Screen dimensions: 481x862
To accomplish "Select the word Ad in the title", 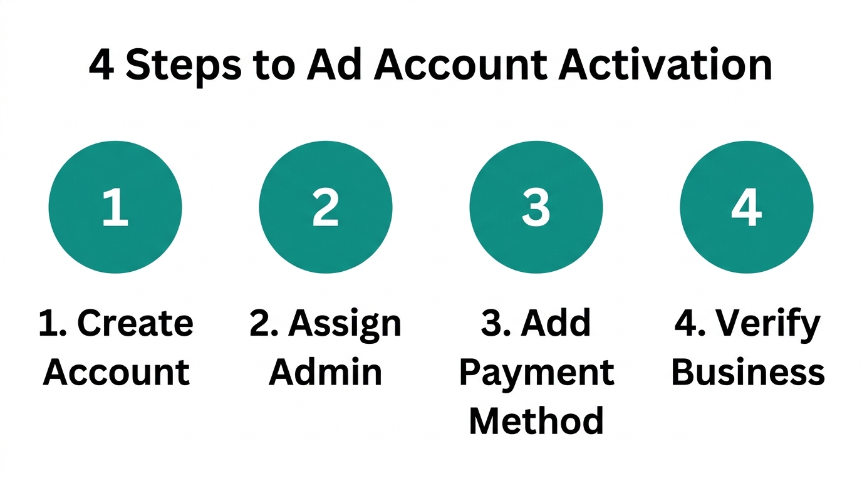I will (x=334, y=66).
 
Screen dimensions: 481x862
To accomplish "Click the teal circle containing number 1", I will (x=115, y=207).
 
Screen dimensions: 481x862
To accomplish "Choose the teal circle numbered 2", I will (x=326, y=207).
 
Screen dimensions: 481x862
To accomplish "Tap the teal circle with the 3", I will (x=536, y=207).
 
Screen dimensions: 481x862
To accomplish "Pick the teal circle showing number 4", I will (x=747, y=207).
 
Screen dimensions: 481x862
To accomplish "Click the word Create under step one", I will (x=135, y=323).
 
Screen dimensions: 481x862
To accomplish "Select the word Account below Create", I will (x=117, y=372).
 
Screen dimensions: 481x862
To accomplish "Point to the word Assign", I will (x=345, y=323).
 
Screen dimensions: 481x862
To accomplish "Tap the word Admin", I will (x=326, y=372).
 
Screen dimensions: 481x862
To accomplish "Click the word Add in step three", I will (x=557, y=323).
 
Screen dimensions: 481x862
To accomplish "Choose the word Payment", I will (x=537, y=372).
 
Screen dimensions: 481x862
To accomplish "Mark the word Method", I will (x=537, y=421).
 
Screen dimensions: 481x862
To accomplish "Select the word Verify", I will (x=768, y=323).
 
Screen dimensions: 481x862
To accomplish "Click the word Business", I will (x=748, y=372).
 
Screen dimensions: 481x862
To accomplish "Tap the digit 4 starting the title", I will (x=101, y=66).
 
